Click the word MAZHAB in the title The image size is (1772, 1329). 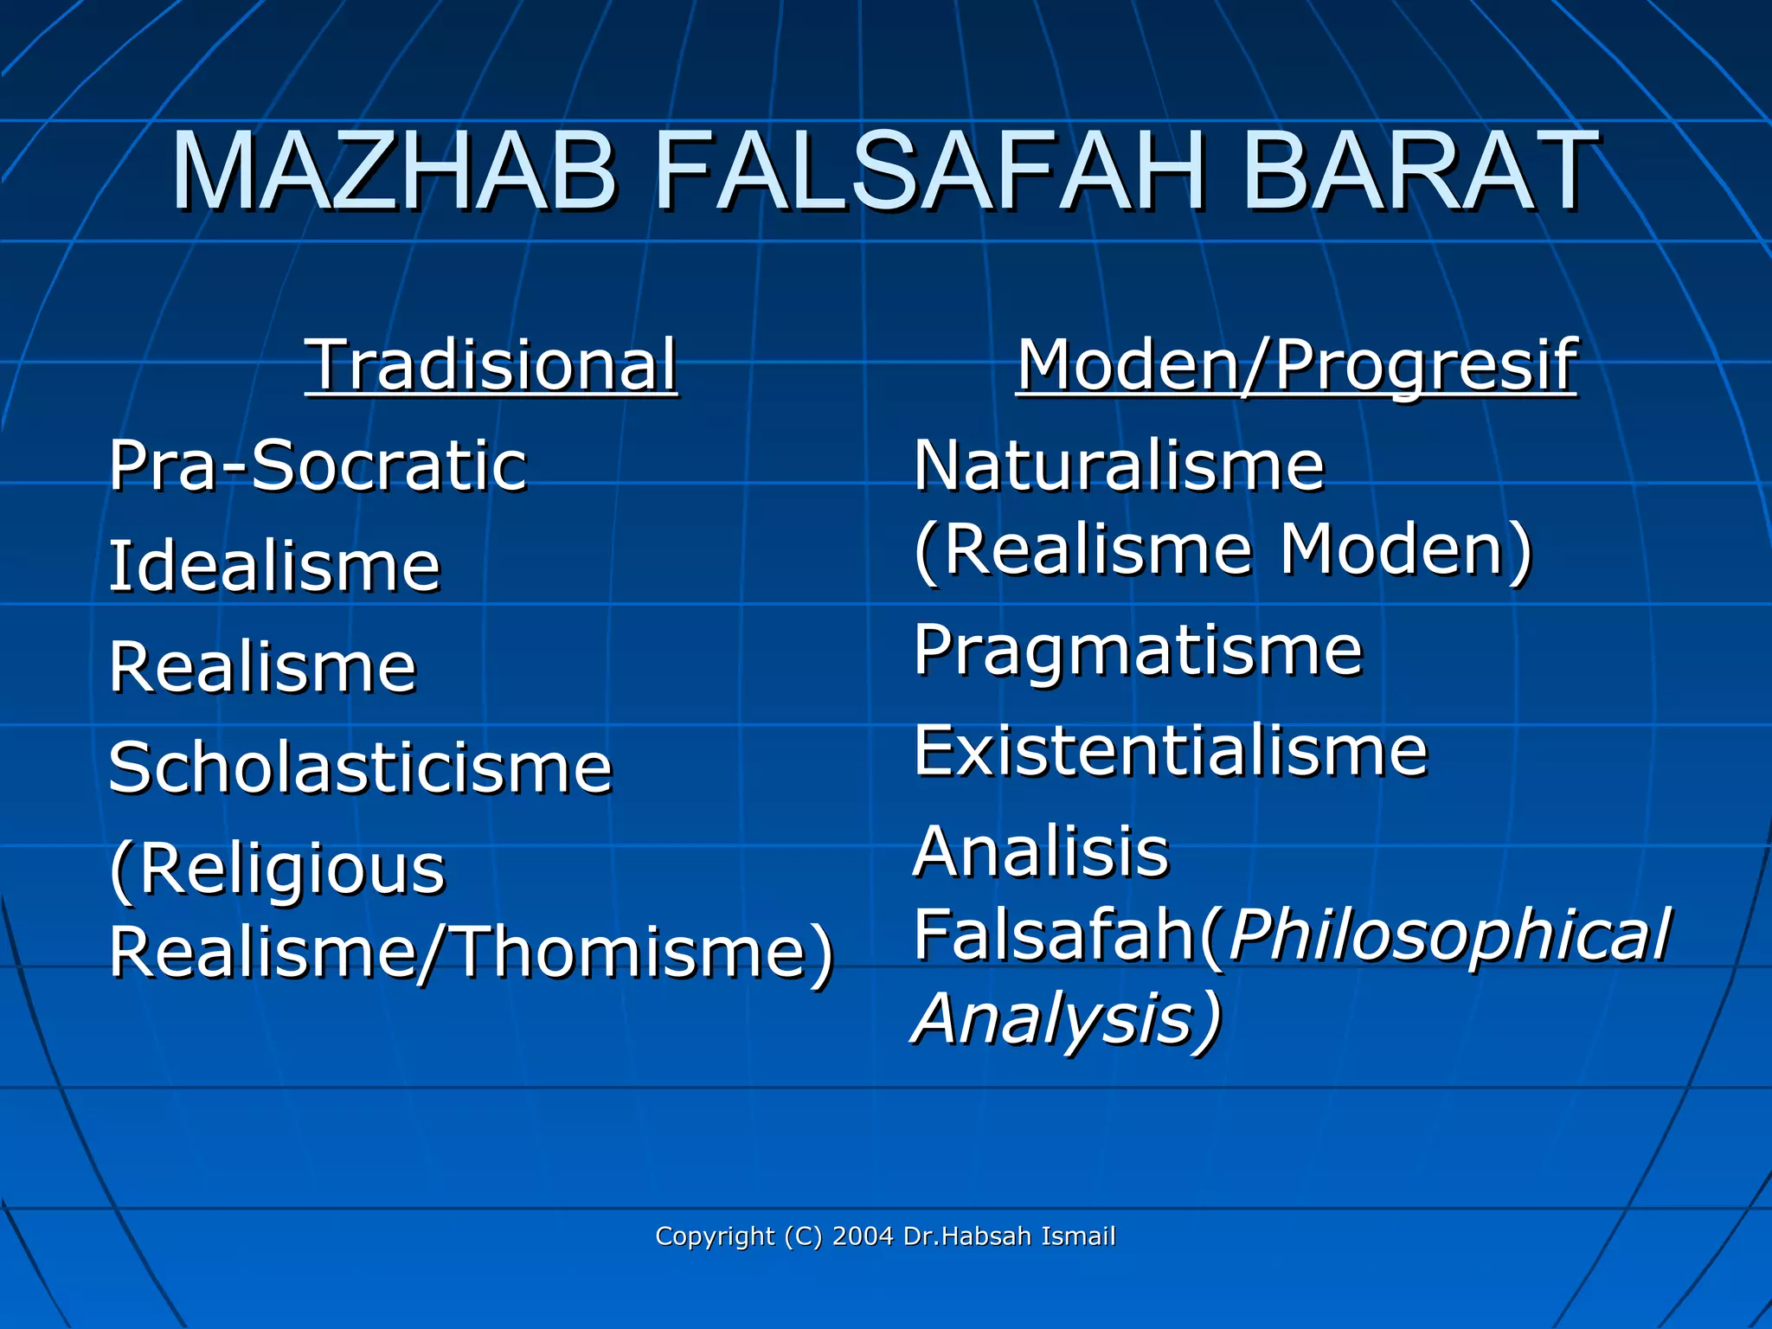[395, 170]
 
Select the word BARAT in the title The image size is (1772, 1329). [1419, 170]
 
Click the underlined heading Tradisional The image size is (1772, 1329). [491, 365]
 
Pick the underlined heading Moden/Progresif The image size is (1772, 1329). [1295, 365]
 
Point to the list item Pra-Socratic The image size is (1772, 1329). [318, 465]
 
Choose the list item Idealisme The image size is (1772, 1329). [274, 566]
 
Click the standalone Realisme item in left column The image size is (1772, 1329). [262, 667]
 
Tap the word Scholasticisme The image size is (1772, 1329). [360, 768]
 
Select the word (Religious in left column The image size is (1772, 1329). [277, 869]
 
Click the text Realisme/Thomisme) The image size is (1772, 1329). [472, 952]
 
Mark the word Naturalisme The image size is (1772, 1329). [1119, 465]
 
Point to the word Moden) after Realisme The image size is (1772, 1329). [1405, 549]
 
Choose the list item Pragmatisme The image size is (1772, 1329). [1138, 651]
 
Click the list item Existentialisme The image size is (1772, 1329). [1170, 751]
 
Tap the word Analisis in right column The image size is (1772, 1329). [1041, 851]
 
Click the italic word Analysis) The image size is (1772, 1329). [1067, 1018]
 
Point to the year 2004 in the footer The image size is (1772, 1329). [862, 1236]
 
